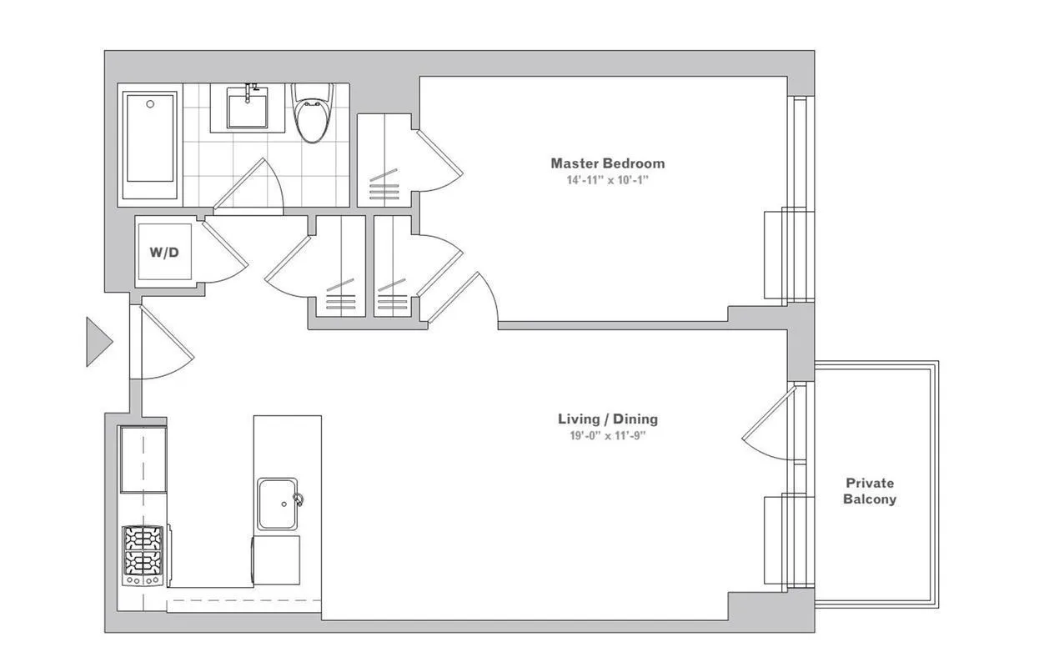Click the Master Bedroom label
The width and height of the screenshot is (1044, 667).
pos(607,163)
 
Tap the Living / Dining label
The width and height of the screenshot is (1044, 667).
pos(607,419)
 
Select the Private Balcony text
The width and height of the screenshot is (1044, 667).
pos(870,491)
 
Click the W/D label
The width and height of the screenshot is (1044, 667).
pos(164,252)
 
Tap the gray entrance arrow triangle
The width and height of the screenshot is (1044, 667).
pos(98,341)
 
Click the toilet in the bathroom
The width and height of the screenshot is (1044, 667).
pos(314,115)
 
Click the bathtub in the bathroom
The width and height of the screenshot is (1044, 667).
pos(150,146)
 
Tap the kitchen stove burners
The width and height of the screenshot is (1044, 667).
pos(143,554)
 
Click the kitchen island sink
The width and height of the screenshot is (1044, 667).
pos(278,504)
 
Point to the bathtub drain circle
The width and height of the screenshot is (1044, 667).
pos(150,104)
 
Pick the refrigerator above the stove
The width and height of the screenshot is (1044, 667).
pos(143,459)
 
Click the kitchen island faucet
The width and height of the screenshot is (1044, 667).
pos(297,500)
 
